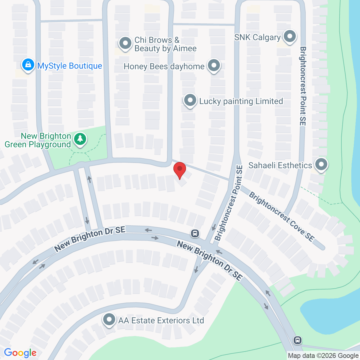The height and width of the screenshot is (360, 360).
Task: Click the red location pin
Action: (x=180, y=169)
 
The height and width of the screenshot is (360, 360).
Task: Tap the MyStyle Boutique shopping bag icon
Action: (x=28, y=65)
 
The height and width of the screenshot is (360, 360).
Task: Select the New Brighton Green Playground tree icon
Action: (x=80, y=139)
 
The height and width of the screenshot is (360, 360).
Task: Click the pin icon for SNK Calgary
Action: (x=290, y=37)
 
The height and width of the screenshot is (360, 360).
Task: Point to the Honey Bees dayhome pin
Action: (x=214, y=65)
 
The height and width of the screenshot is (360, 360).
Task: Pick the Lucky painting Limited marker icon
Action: (x=190, y=100)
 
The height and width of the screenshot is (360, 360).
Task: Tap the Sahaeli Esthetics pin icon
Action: (x=321, y=165)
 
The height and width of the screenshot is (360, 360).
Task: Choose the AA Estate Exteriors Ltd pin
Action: (x=109, y=319)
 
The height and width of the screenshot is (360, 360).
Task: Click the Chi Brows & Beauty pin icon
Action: (x=125, y=43)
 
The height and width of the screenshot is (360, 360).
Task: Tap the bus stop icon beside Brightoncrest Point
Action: (x=195, y=233)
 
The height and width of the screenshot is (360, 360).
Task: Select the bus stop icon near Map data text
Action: (x=297, y=340)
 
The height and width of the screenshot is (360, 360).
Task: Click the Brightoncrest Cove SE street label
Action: (x=281, y=217)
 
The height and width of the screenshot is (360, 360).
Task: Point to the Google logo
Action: (x=20, y=353)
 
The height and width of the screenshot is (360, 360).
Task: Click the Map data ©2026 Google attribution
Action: (x=323, y=356)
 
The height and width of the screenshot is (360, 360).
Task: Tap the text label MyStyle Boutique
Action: (x=70, y=66)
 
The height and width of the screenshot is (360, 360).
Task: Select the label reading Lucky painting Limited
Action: (x=241, y=101)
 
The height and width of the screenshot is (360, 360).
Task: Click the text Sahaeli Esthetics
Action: (x=280, y=165)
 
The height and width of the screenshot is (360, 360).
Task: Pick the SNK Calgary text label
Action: (x=257, y=37)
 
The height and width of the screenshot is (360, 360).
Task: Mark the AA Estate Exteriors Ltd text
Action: (x=161, y=320)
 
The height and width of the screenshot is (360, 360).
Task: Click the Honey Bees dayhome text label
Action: (x=164, y=66)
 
